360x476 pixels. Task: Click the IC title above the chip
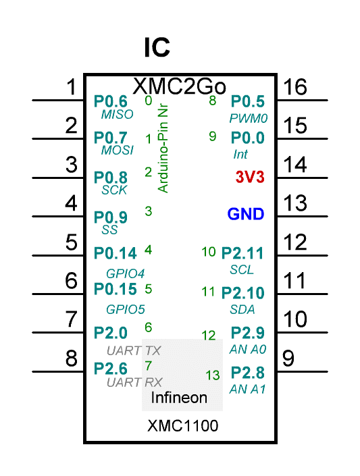tap(157, 47)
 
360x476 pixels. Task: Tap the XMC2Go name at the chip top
tap(179, 86)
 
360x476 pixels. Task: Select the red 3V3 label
tap(250, 177)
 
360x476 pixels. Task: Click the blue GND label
tap(246, 214)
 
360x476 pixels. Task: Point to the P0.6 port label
tap(111, 101)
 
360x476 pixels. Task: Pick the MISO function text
tap(118, 115)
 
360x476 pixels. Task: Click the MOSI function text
tap(118, 151)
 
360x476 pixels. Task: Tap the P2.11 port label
tap(242, 253)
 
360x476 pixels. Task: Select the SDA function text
tap(242, 310)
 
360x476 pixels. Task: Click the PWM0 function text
tap(248, 118)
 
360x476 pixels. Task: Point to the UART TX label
tap(134, 351)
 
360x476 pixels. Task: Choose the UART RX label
tap(134, 383)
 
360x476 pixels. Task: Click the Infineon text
tap(179, 398)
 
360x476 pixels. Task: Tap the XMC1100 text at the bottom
tap(182, 425)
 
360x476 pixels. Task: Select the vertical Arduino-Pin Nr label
tap(163, 149)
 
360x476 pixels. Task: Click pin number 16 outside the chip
tap(295, 87)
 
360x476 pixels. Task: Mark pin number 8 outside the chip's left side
tap(72, 359)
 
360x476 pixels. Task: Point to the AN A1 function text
tap(248, 389)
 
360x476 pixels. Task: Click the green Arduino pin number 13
tap(213, 375)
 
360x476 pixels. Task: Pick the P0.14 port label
tap(115, 253)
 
